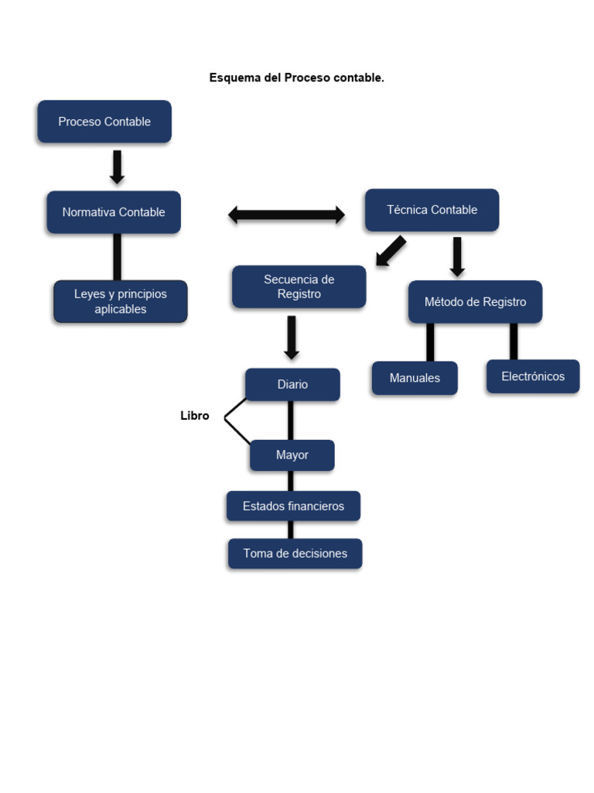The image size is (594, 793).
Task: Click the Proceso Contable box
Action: [x=104, y=122]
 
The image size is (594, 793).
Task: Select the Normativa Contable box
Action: [x=114, y=212]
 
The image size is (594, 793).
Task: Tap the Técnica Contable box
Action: [x=432, y=210]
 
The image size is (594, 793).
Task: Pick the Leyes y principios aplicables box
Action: [x=120, y=301]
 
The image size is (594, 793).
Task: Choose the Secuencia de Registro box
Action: [x=299, y=287]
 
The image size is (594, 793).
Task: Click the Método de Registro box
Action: [x=475, y=302]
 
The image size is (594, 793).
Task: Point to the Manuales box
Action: [x=415, y=378]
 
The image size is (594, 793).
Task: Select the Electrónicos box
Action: [x=533, y=376]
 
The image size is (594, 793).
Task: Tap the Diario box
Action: [x=292, y=384]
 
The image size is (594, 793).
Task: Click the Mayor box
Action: [x=292, y=455]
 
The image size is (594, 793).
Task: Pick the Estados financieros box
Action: [x=293, y=506]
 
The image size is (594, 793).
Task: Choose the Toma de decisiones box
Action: [x=295, y=554]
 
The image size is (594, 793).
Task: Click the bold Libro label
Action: [x=195, y=416]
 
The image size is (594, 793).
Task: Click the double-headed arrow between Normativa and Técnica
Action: [x=286, y=215]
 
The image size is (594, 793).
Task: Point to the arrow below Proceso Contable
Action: [x=117, y=166]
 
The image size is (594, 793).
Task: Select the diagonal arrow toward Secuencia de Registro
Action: [x=392, y=251]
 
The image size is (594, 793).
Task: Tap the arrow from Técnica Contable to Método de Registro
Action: [x=457, y=256]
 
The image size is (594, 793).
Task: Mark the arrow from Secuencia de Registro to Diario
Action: [x=292, y=337]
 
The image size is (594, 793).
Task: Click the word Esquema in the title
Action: [x=235, y=78]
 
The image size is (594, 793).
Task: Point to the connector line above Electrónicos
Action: [x=514, y=342]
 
